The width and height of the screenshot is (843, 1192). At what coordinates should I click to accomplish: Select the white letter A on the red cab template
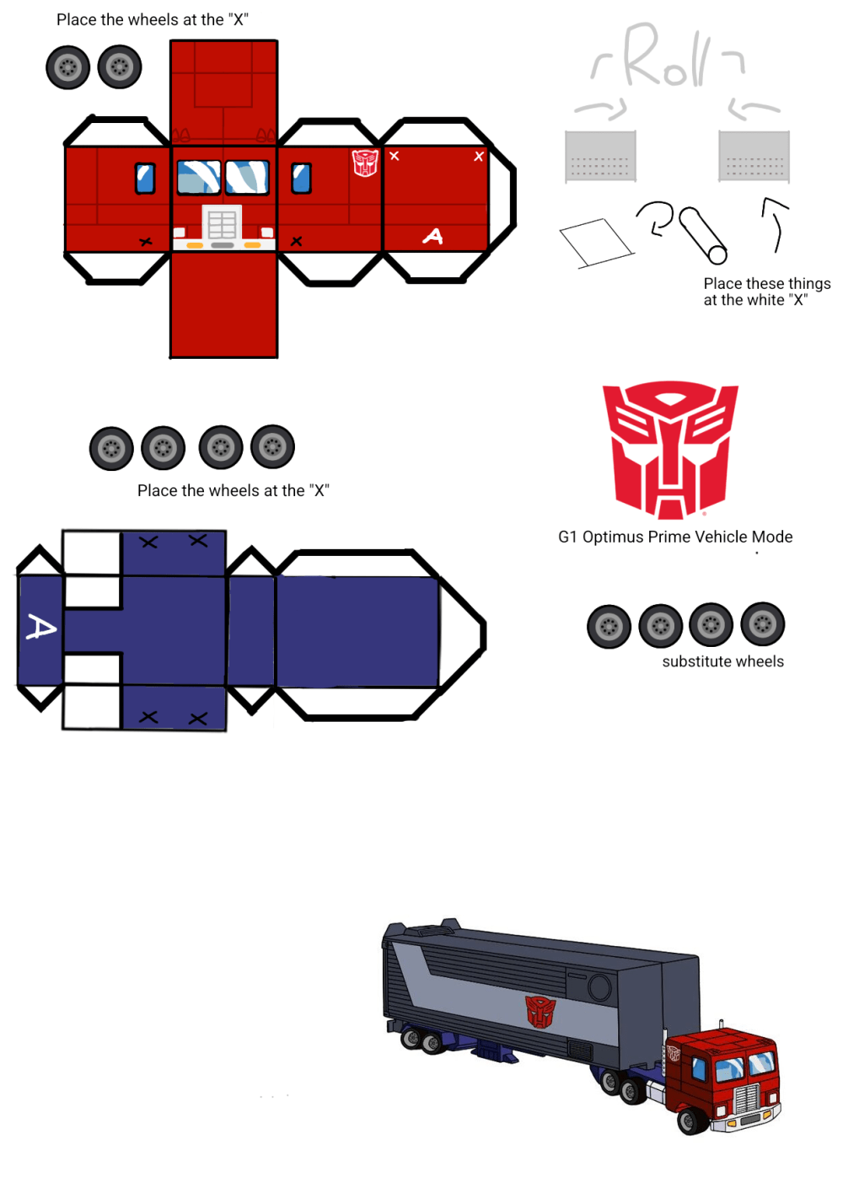tap(432, 237)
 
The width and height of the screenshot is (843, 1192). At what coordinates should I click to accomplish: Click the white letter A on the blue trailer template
tap(40, 628)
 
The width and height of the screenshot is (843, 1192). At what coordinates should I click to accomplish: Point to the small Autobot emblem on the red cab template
tap(365, 163)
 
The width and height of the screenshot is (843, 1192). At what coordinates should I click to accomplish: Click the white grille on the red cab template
tap(223, 224)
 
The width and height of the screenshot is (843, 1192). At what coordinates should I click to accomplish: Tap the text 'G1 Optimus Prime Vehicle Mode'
tap(675, 537)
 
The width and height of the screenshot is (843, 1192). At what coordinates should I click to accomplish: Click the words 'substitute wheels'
tap(722, 661)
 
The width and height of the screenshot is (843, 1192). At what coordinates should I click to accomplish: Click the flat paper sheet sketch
tap(596, 242)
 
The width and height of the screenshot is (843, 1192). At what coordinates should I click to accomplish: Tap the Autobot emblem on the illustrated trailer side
tap(540, 1011)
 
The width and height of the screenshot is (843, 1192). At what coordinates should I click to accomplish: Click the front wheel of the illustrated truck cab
tap(693, 1120)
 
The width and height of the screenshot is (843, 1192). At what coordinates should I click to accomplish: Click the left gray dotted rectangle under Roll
tap(600, 157)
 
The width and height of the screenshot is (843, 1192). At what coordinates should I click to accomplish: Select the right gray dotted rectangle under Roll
tap(754, 157)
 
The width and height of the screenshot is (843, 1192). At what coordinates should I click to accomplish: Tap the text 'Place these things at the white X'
tap(766, 291)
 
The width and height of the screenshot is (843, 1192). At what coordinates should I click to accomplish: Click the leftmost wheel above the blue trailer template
tap(111, 448)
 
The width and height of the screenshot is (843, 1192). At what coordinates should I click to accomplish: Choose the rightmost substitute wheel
tap(762, 624)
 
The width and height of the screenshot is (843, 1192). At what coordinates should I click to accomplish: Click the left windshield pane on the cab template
tap(199, 177)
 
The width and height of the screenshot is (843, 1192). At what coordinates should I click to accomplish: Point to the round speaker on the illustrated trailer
tap(599, 987)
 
